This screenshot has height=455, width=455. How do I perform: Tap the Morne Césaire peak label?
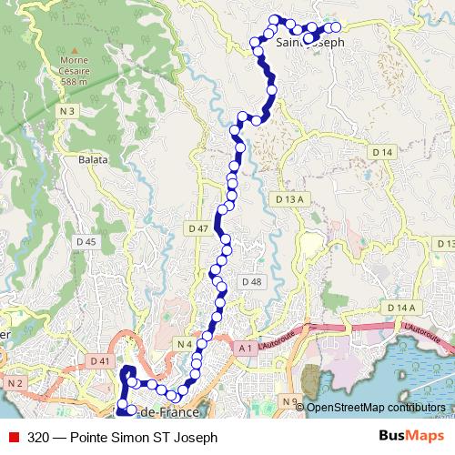(69, 72)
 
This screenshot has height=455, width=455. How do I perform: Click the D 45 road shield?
(86, 241)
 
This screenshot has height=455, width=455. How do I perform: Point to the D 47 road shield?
(197, 227)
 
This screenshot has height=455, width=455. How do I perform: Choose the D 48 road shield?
(251, 282)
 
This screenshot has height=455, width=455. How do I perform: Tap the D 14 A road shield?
(400, 308)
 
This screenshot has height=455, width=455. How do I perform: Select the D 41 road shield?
(100, 361)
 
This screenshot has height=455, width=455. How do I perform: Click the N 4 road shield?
(184, 343)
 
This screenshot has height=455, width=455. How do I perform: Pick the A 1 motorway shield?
(244, 348)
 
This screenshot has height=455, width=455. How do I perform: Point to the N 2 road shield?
(14, 384)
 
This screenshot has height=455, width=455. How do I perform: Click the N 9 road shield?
(290, 401)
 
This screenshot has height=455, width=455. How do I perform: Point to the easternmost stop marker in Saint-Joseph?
(336, 27)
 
